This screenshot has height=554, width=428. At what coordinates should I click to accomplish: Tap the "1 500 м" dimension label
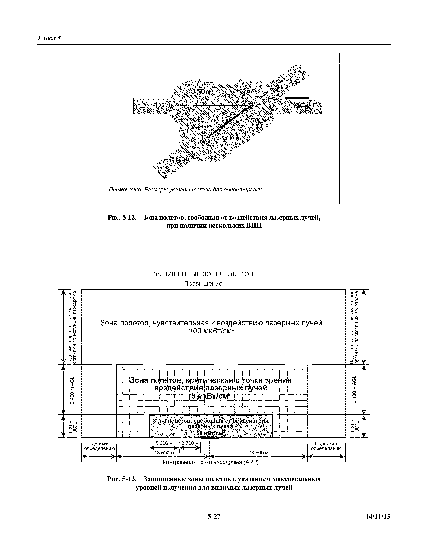pos(301,106)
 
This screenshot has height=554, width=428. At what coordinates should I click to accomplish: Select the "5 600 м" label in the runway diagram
pos(180,159)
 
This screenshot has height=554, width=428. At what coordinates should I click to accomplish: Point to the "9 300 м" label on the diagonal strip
pos(279,87)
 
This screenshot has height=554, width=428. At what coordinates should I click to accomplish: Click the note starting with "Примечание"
pos(186,190)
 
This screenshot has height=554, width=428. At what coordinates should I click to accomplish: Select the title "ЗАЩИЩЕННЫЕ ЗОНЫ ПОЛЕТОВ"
pos(203,274)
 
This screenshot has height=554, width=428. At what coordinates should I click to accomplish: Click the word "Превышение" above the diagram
pos(203,284)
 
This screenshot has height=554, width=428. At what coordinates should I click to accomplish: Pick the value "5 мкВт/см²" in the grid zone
pos(211,396)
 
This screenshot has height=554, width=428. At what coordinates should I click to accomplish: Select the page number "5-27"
pos(214,517)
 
